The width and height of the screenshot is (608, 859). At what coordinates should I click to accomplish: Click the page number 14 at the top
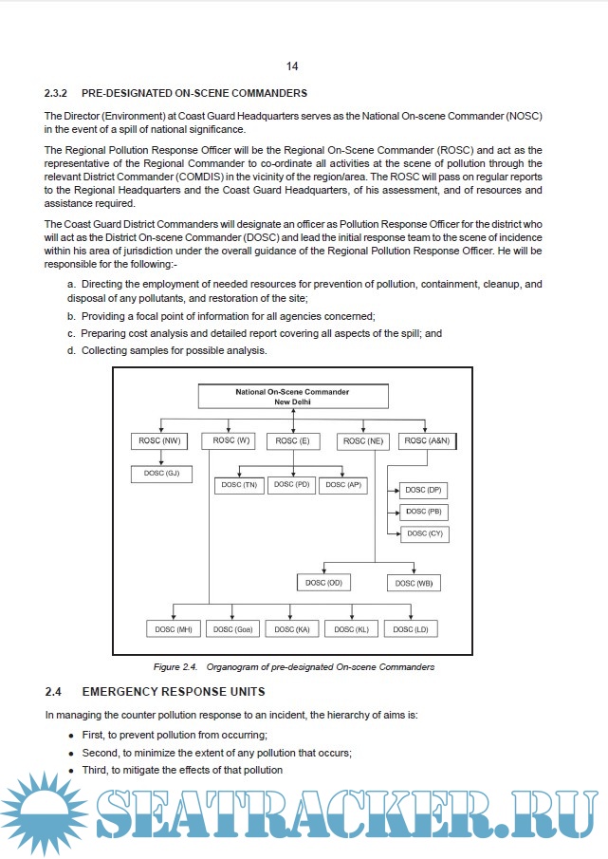[291, 66]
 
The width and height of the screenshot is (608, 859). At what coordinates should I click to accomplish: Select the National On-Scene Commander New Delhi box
[292, 397]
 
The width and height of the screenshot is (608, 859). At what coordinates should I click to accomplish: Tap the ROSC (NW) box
[158, 441]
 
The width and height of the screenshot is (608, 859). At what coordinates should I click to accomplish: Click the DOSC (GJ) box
[160, 473]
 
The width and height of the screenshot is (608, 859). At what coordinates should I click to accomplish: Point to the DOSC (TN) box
[238, 485]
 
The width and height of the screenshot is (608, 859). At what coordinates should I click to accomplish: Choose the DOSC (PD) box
[291, 485]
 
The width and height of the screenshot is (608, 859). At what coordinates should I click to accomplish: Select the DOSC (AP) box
[342, 485]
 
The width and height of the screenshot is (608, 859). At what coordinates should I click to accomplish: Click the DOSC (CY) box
[423, 534]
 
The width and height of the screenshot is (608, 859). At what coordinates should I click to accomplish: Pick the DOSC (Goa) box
[232, 628]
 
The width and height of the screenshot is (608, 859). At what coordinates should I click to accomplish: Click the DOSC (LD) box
[410, 628]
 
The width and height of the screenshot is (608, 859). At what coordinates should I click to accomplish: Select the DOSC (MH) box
[174, 628]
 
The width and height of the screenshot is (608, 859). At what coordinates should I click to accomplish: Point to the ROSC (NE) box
[362, 441]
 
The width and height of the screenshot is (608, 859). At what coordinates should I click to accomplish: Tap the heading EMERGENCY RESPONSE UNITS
[174, 691]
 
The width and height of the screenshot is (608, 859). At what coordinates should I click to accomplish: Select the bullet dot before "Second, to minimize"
[72, 753]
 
